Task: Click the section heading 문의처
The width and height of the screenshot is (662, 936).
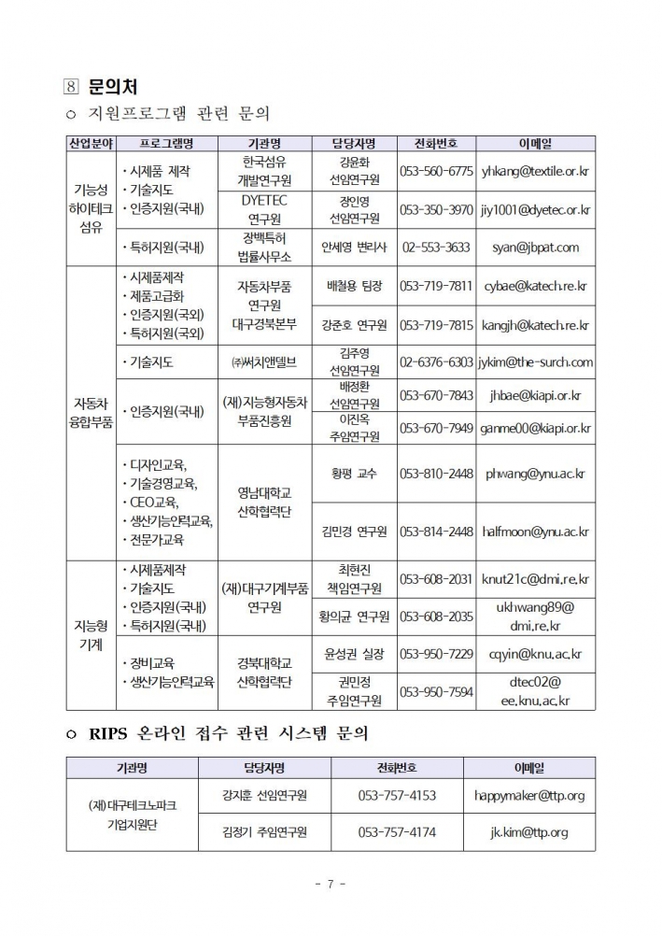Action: click(112, 87)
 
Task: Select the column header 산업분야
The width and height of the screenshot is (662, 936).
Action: click(91, 143)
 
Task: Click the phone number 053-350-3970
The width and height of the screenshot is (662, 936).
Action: click(436, 210)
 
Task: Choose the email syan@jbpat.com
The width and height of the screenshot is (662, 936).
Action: click(535, 248)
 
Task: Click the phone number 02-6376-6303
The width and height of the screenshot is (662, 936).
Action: click(436, 362)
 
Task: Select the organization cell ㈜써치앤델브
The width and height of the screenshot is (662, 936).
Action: click(264, 362)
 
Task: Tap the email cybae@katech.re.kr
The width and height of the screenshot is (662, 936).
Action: click(535, 286)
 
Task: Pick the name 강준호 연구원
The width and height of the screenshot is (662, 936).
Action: click(354, 325)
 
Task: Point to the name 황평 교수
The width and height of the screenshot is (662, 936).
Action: click(354, 474)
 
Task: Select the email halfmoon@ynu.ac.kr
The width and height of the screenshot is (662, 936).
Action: click(535, 532)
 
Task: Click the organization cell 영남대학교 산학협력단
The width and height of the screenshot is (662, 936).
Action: click(264, 503)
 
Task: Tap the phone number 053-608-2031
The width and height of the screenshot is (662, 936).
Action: click(436, 579)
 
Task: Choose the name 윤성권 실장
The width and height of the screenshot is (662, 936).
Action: click(354, 654)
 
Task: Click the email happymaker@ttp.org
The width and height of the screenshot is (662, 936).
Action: click(529, 796)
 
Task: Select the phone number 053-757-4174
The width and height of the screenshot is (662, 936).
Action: click(397, 831)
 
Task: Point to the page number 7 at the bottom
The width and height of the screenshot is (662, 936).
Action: click(331, 883)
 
